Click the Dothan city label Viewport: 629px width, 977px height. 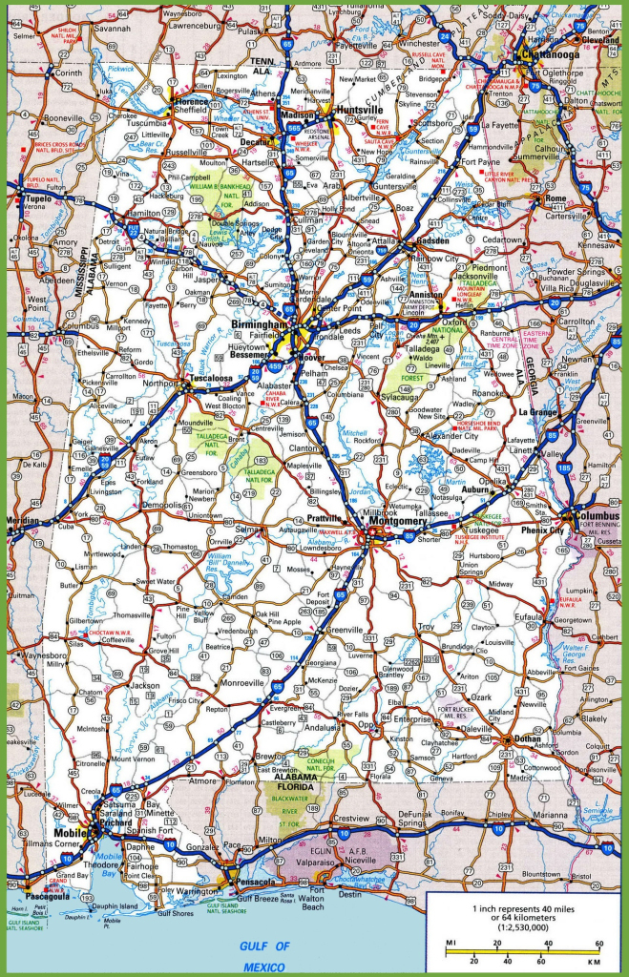(x=528, y=738)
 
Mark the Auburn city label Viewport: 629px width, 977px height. (x=476, y=488)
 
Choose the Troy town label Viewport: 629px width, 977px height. (x=426, y=626)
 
